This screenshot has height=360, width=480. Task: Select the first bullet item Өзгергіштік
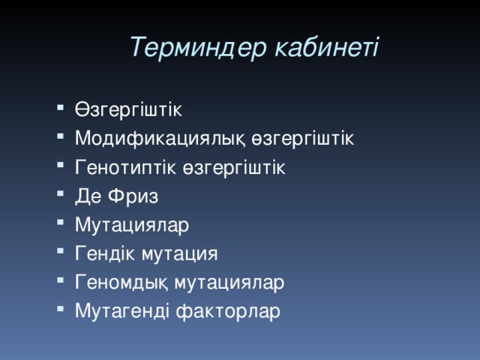(x=128, y=109)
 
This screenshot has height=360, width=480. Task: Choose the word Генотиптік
(x=126, y=166)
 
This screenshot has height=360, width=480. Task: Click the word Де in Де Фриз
(x=87, y=196)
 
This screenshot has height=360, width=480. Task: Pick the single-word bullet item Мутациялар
(x=132, y=224)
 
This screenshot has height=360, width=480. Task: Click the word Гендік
(x=105, y=253)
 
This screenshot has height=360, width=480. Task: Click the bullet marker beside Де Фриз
(x=60, y=194)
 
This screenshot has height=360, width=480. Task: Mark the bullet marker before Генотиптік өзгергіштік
(x=60, y=165)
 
